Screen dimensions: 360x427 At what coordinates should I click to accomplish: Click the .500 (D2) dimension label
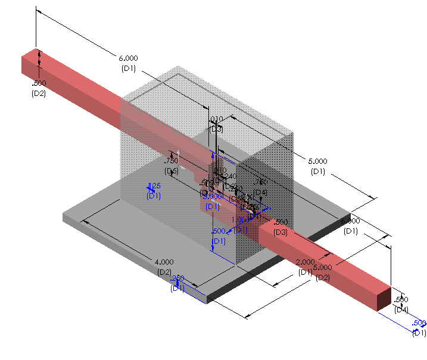[x=39, y=88]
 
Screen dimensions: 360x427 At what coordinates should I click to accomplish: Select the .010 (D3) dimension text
[x=216, y=123]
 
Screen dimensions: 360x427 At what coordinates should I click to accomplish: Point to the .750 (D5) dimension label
[x=172, y=165]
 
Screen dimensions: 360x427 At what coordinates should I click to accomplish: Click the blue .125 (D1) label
[x=154, y=190]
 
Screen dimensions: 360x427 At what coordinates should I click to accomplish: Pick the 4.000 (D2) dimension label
[x=164, y=266]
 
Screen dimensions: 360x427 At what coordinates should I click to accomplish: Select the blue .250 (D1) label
[x=177, y=283]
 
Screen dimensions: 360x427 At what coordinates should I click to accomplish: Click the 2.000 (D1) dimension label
[x=304, y=266]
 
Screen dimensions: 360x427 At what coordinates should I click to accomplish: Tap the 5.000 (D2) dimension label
[x=322, y=272]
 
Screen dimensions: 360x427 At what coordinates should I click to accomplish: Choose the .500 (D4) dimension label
[x=401, y=304]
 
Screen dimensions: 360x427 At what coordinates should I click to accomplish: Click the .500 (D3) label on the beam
[x=280, y=226]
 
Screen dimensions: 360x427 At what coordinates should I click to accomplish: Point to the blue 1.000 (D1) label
[x=239, y=225]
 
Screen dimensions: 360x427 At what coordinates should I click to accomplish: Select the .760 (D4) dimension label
[x=260, y=186]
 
